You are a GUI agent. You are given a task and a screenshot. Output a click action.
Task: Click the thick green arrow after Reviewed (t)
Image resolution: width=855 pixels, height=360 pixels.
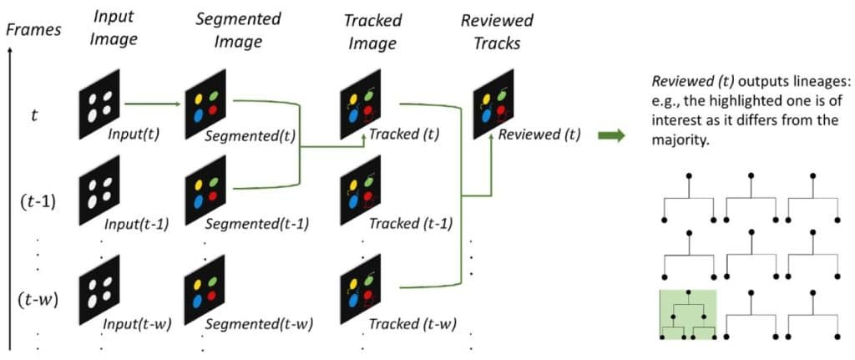[613, 134]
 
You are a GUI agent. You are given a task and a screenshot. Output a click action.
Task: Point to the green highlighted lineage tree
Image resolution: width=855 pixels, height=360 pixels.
[688, 315]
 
